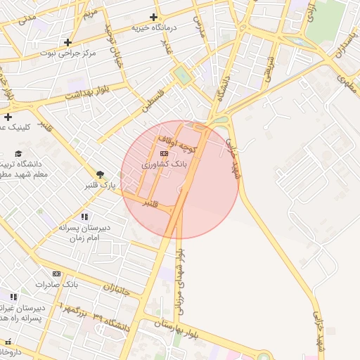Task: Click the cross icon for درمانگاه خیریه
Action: [x=154, y=18]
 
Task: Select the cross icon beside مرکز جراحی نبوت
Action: [x=67, y=42]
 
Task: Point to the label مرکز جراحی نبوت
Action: [x=67, y=53]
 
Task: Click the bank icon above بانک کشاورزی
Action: [x=164, y=153]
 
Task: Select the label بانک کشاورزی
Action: [x=165, y=163]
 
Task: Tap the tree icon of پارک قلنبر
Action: [x=100, y=174]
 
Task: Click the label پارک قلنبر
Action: [x=100, y=186]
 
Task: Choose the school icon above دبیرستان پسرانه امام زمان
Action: [x=85, y=217]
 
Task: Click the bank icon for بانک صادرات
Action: [x=57, y=274]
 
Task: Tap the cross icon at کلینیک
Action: [x=8, y=117]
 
